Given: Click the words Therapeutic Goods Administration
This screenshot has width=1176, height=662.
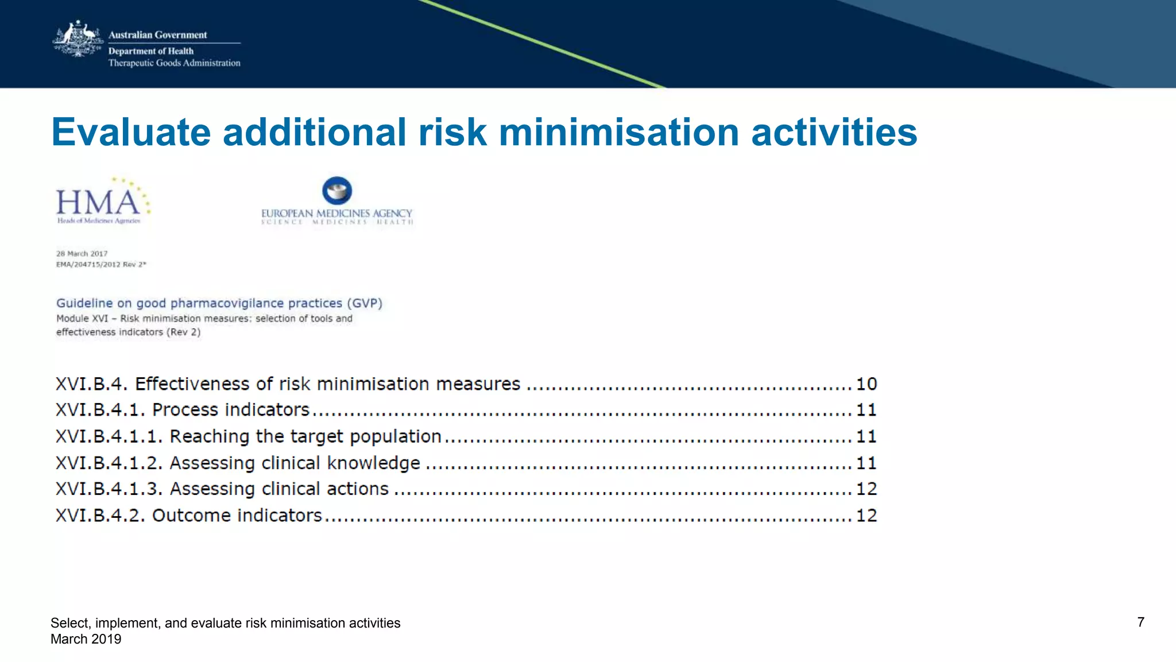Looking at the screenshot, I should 174,63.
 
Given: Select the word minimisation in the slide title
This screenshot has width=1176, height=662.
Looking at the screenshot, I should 618,133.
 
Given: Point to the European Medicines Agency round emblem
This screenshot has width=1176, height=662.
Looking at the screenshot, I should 337,191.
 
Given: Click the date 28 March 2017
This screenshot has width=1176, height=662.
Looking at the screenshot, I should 82,253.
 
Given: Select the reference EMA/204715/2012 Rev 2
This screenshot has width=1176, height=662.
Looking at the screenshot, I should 101,265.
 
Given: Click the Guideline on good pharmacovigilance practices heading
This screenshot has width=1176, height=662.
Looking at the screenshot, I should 219,303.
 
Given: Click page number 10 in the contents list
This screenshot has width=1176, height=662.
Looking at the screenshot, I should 866,384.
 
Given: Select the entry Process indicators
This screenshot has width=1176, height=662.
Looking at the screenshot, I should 230,410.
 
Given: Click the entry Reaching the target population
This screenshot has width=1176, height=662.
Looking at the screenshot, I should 305,436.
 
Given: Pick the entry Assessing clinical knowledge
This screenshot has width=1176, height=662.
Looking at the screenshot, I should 295,463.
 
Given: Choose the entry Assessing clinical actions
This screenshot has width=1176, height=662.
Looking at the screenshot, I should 279,489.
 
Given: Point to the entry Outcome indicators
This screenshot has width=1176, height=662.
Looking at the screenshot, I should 237,515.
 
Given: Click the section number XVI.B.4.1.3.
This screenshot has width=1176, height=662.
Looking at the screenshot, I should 109,489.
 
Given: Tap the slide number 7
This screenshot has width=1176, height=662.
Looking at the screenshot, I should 1140,622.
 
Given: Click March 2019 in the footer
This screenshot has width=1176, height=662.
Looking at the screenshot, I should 86,639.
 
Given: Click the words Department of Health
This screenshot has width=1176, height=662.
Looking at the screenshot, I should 151,51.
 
